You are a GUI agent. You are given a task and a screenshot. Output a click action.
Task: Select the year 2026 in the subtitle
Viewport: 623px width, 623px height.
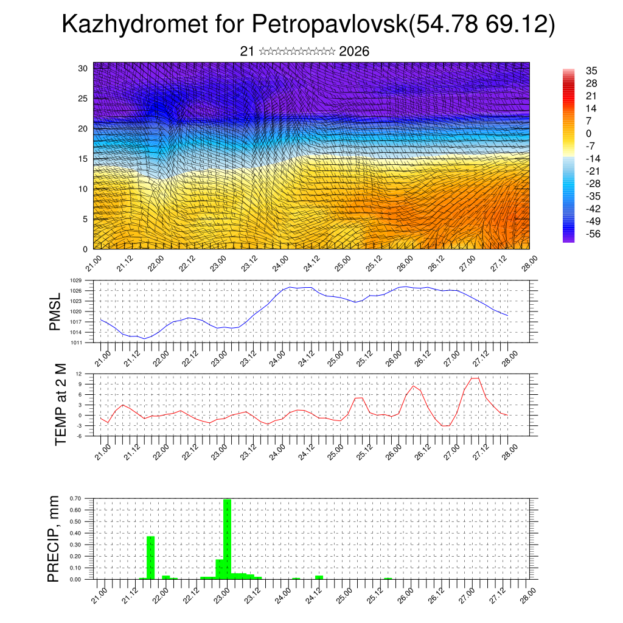(354, 52)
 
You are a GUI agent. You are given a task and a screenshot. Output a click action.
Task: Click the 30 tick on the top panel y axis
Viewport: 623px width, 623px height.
(83, 68)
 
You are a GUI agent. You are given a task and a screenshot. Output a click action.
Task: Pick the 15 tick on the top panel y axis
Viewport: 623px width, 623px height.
(83, 159)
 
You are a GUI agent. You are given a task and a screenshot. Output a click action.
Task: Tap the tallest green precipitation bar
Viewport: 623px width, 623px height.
(227, 538)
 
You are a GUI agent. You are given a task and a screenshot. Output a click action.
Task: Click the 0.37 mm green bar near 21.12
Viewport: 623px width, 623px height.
(151, 557)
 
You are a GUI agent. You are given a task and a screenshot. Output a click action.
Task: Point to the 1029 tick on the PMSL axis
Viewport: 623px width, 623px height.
(76, 280)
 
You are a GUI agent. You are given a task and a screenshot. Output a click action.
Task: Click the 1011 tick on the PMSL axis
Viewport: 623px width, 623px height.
(76, 342)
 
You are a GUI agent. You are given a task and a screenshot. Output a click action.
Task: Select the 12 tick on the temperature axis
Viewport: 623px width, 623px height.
(79, 374)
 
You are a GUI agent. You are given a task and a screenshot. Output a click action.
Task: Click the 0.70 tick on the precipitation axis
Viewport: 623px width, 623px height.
(76, 498)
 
